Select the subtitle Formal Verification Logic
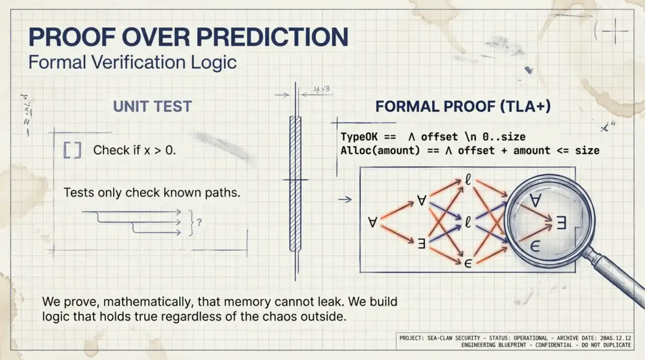point(132,62)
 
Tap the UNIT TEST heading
point(152,106)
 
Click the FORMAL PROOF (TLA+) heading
point(463,106)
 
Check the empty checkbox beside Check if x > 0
point(72,150)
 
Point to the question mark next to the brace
point(199,220)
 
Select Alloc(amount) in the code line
point(379,150)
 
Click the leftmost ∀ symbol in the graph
point(372,222)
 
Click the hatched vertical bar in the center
point(295,183)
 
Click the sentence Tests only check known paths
point(152,192)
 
